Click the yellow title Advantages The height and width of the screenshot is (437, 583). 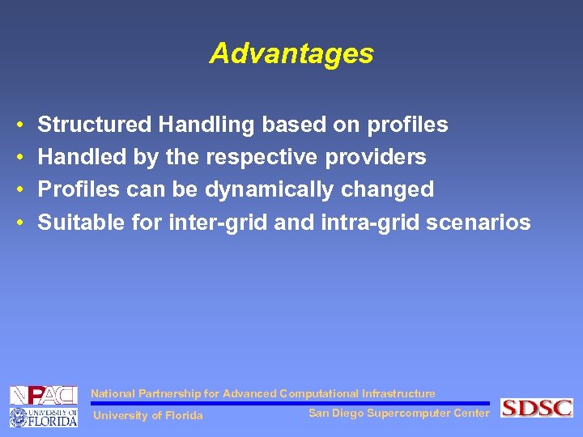291,53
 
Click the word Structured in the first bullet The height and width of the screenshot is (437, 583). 95,125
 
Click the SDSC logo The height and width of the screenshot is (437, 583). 536,408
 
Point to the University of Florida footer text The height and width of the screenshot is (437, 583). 148,416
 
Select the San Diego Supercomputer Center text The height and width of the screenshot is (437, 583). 398,414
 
